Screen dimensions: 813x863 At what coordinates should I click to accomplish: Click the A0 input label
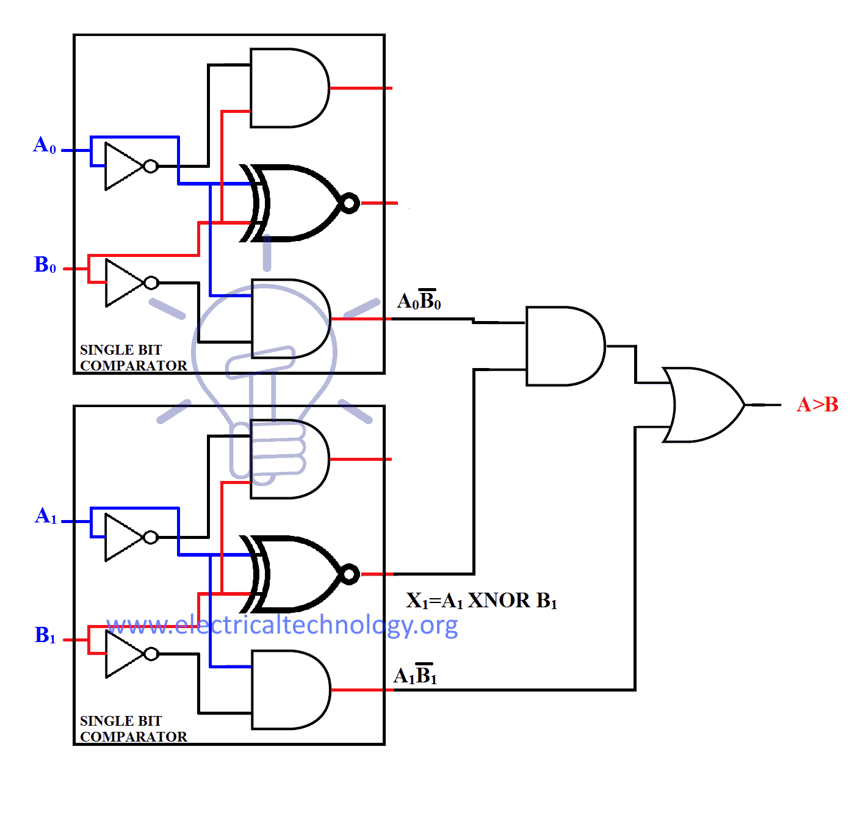tap(45, 145)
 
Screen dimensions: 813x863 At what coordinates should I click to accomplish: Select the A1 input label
tap(46, 516)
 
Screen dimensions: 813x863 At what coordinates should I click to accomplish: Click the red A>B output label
tap(817, 405)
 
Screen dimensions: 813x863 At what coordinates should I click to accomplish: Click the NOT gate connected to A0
tap(127, 166)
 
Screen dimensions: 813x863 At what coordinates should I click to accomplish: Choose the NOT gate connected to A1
tap(127, 537)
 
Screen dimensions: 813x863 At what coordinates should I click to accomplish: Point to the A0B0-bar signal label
tap(419, 300)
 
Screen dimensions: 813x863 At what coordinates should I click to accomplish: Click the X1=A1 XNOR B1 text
tap(482, 601)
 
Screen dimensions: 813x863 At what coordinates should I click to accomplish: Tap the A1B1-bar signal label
tap(416, 675)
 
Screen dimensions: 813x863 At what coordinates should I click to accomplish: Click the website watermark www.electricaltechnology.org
tap(282, 625)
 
